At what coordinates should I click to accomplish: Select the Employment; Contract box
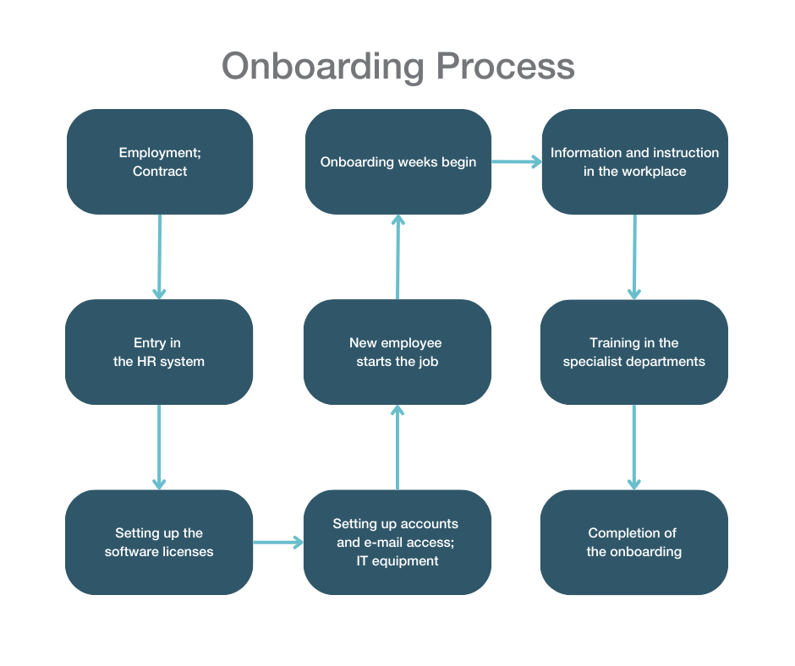coord(160,161)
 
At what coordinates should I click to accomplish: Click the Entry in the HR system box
coord(159,352)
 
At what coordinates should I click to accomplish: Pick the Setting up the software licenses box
coord(159,542)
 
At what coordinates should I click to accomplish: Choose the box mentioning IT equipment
coord(397,542)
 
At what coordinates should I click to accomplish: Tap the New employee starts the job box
coord(397,352)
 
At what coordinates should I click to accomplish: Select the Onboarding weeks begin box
coord(397,161)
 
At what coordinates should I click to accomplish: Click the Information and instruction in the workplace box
coord(634,161)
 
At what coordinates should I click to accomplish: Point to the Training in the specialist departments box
coord(634,352)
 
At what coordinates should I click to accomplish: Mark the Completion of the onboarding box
coord(634,542)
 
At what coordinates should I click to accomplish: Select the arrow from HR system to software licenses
coord(159,446)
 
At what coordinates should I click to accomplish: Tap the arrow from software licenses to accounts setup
coord(278,542)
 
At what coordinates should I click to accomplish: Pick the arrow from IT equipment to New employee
coord(397,446)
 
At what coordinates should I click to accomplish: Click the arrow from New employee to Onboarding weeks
coord(397,256)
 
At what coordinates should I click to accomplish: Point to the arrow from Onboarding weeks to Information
coord(517,161)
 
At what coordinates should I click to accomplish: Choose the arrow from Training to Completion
coord(634,446)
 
